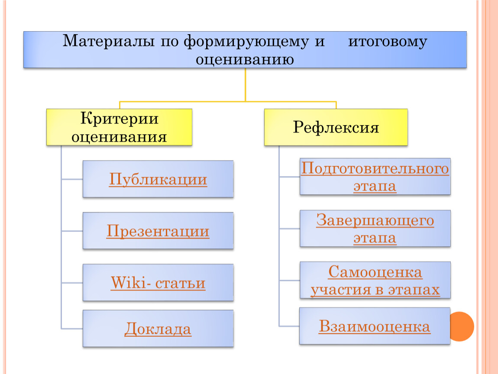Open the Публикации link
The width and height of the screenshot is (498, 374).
(x=158, y=179)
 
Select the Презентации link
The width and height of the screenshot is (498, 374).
(x=158, y=231)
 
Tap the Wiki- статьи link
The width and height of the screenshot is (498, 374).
(x=158, y=283)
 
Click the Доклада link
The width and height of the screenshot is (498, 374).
(x=158, y=329)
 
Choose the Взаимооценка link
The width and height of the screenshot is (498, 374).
(x=375, y=326)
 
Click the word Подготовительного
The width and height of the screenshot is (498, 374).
(x=375, y=168)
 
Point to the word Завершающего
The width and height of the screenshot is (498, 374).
(x=375, y=220)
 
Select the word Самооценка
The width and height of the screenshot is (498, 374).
(x=375, y=272)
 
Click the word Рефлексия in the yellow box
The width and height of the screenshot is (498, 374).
(x=336, y=128)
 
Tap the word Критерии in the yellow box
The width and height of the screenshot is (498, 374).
(x=119, y=119)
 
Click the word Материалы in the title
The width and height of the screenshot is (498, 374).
(x=109, y=41)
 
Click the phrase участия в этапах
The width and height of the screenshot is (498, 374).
(x=375, y=290)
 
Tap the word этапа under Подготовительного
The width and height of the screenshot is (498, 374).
(x=375, y=186)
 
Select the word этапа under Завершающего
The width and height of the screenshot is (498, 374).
(x=375, y=238)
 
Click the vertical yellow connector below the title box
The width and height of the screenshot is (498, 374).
(x=245, y=85)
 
